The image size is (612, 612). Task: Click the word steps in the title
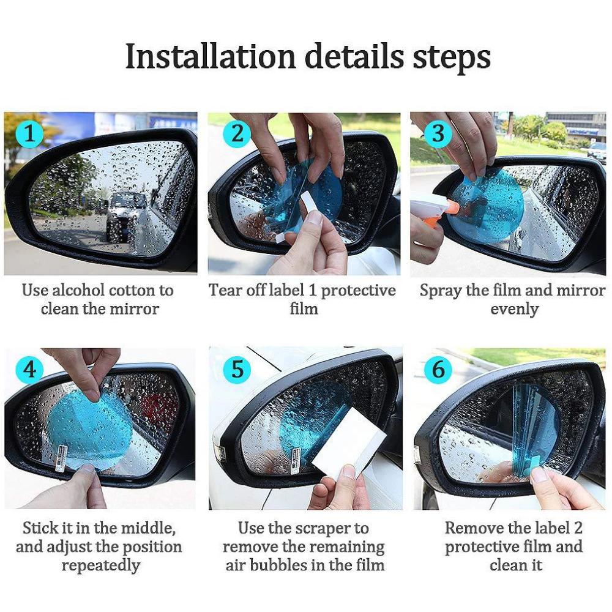450,57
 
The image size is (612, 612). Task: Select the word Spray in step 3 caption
440,290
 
